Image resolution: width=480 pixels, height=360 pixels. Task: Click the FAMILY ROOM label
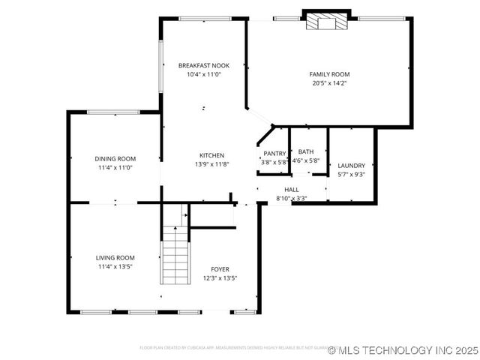[x=329, y=74]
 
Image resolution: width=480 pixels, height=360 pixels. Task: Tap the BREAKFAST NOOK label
[x=203, y=66]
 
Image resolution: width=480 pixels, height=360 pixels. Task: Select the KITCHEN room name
[x=211, y=155]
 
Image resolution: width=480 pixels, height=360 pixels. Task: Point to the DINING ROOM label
[x=115, y=158]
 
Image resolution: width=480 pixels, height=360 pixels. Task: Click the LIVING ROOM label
[x=115, y=257]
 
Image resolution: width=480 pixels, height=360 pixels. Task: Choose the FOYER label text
[x=220, y=269]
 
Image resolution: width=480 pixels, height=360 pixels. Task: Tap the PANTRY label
[x=274, y=153]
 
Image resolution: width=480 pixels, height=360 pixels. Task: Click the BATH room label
[x=305, y=152]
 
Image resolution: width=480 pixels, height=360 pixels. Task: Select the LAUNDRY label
[x=351, y=166]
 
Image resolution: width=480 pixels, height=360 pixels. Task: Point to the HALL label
[x=291, y=190]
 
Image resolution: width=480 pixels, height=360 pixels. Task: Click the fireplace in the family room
[x=326, y=20]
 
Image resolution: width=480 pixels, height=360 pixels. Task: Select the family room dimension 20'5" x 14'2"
[x=329, y=83]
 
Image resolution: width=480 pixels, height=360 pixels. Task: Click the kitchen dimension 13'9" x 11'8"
[x=211, y=164]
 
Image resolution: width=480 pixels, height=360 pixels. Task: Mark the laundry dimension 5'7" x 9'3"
[x=351, y=175]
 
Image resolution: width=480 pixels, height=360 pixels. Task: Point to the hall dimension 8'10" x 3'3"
[x=291, y=199]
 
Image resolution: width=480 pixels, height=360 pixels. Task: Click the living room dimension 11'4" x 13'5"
[x=115, y=266]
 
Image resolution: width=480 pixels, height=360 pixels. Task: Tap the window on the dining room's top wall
[x=112, y=112]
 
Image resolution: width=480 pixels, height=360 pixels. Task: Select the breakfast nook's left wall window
[x=160, y=66]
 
